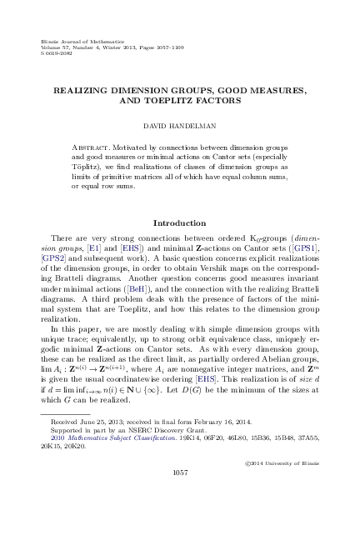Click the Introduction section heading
179,223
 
